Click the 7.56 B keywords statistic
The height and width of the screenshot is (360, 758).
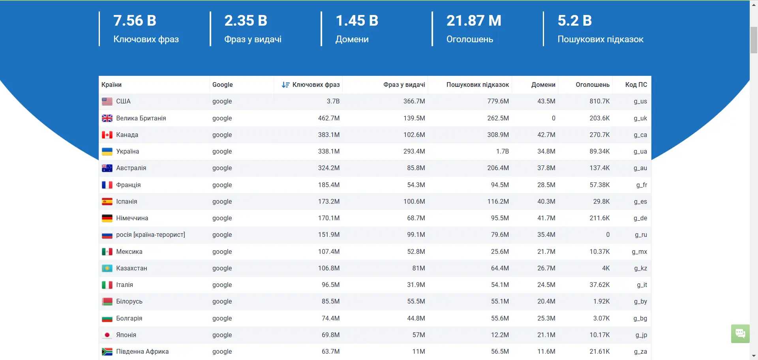click(135, 21)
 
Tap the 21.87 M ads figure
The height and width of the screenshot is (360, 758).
click(473, 21)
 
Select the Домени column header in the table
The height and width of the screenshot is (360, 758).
click(543, 85)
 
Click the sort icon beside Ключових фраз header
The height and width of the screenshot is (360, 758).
click(285, 85)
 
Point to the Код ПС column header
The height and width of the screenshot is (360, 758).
click(636, 85)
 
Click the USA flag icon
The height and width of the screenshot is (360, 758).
click(107, 101)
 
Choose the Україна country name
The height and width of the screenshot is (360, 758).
click(128, 152)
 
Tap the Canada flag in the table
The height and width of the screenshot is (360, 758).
click(107, 135)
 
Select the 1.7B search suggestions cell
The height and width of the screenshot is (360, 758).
click(502, 152)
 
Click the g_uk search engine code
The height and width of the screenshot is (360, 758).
click(640, 118)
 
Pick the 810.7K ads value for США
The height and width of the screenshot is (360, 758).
click(599, 101)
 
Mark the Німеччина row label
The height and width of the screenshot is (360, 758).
click(132, 218)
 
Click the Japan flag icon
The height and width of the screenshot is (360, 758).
click(107, 335)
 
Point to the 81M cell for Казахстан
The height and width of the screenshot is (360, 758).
click(418, 268)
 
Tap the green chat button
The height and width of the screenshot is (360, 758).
click(740, 334)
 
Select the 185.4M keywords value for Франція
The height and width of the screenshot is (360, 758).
click(328, 185)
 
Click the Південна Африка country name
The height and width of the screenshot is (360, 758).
click(142, 352)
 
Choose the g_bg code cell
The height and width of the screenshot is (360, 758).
click(640, 319)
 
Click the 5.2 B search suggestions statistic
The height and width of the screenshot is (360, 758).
click(574, 21)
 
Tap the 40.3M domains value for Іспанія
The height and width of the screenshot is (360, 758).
click(546, 202)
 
